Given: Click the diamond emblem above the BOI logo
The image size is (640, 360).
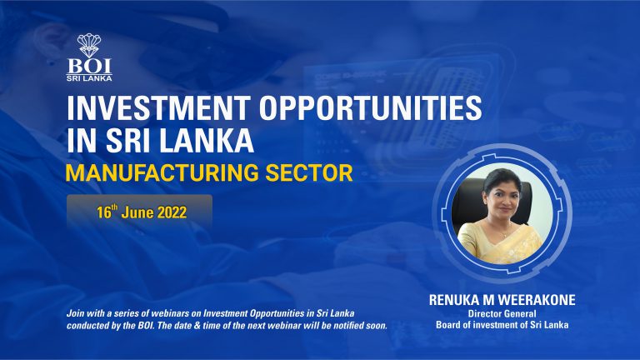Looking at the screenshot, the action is (x=89, y=45).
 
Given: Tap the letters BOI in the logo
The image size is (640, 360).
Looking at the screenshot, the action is (x=89, y=66).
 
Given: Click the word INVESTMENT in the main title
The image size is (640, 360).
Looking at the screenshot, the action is (x=159, y=107).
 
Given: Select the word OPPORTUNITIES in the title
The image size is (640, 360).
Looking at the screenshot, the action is (x=371, y=107).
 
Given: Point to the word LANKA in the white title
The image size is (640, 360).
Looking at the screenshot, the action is (x=206, y=140).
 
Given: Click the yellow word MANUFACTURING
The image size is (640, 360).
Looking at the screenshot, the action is (x=162, y=172).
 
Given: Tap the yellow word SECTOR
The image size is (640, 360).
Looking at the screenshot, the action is (x=309, y=172).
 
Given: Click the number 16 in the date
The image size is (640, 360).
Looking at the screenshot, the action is (x=103, y=212).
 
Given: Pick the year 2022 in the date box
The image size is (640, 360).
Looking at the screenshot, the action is (x=172, y=212).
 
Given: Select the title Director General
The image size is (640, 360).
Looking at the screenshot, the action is (x=502, y=314).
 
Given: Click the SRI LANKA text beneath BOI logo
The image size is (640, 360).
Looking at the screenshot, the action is (x=89, y=78).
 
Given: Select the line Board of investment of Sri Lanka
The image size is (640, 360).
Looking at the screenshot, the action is (x=502, y=325).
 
